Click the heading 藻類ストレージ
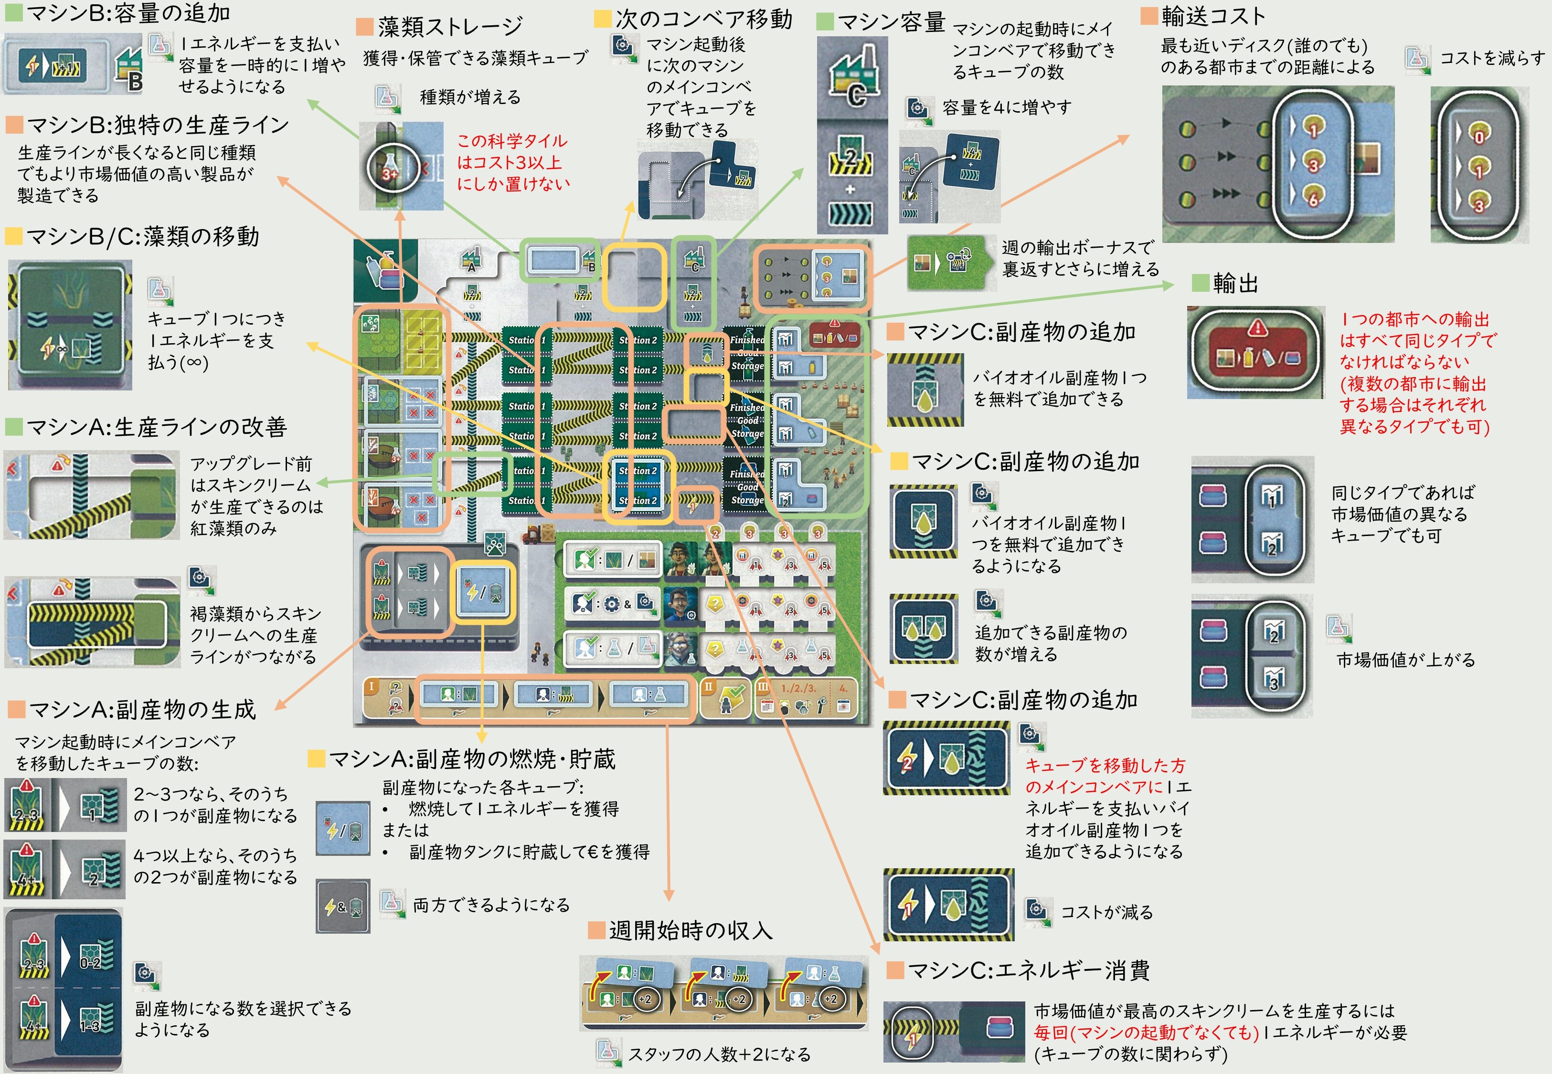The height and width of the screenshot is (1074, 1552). click(449, 26)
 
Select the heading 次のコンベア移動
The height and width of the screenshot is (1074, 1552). click(703, 19)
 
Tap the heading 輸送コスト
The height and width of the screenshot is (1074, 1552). click(1213, 15)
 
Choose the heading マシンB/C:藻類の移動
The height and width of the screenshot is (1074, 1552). click(142, 236)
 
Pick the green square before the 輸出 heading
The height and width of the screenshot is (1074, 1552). click(1200, 283)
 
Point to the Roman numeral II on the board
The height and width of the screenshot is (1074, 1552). click(708, 686)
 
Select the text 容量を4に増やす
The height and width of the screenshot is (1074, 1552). click(1007, 107)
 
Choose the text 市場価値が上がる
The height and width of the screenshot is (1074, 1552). click(1405, 660)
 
